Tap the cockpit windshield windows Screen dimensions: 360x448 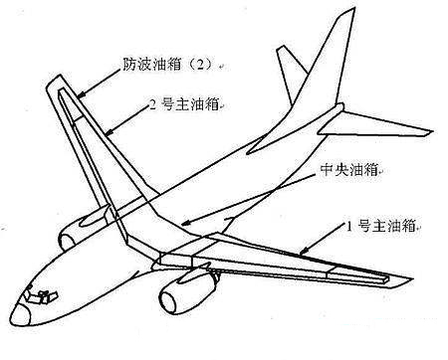coord(40,295)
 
